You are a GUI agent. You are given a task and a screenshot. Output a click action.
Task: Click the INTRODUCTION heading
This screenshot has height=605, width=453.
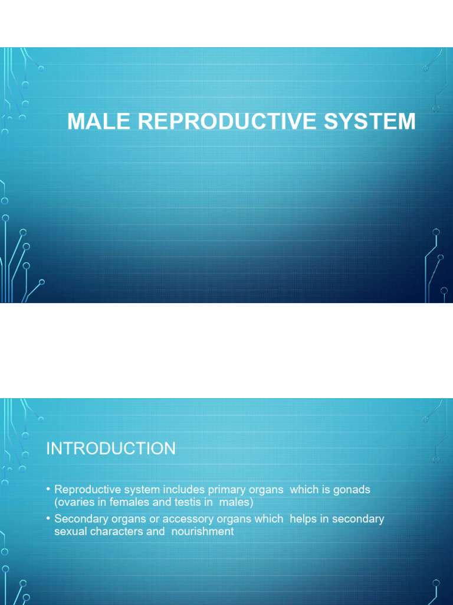[x=111, y=448]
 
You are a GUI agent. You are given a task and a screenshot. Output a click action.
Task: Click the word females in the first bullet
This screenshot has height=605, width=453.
[x=129, y=503]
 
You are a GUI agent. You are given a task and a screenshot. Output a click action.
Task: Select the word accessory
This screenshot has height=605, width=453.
[x=187, y=519]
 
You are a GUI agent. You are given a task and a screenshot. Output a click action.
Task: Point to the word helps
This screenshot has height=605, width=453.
[x=303, y=519]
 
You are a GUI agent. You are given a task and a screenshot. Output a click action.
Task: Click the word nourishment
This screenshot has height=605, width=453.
[x=203, y=531]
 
